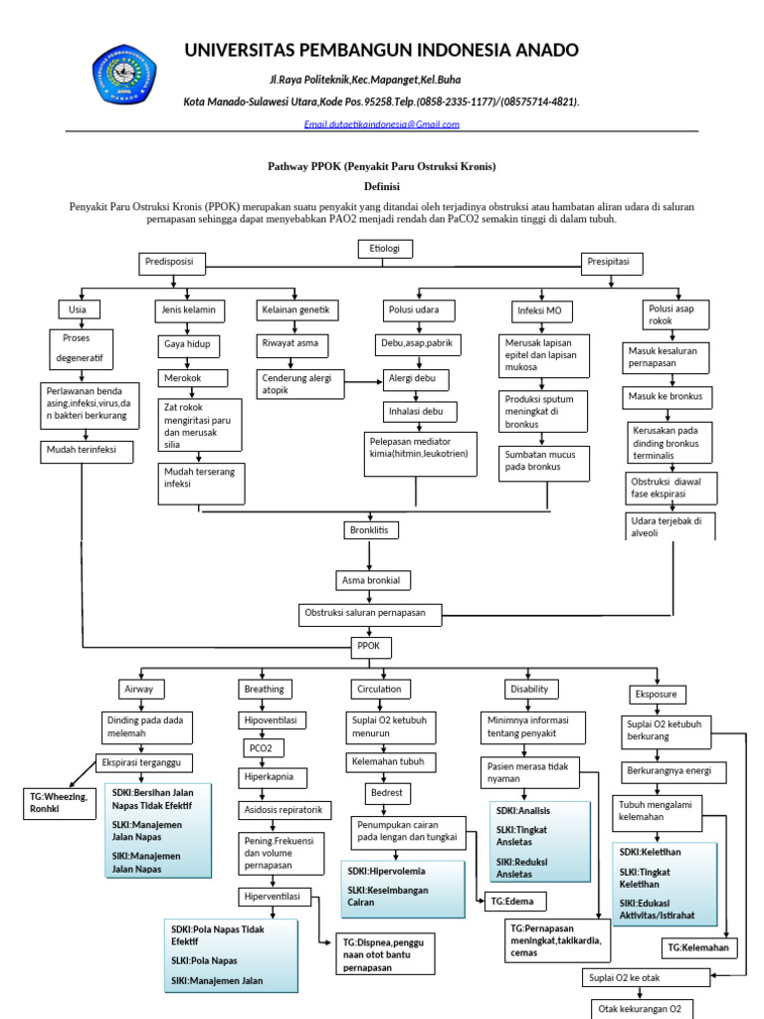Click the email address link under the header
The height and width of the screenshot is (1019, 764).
coord(381,124)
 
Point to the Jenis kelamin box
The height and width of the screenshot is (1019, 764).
coord(189,310)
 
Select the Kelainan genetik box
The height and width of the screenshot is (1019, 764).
coord(297,310)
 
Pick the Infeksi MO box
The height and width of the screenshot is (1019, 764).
coord(539,311)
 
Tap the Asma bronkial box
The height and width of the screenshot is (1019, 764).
coord(374,580)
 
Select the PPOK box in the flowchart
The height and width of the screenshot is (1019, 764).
coord(368,647)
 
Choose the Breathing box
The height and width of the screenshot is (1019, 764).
coord(264,689)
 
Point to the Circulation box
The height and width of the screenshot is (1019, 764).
coord(378,689)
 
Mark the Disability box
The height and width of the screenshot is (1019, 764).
coord(529,689)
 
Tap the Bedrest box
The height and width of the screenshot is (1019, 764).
coord(386,793)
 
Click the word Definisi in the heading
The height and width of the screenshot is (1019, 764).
coord(381,185)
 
